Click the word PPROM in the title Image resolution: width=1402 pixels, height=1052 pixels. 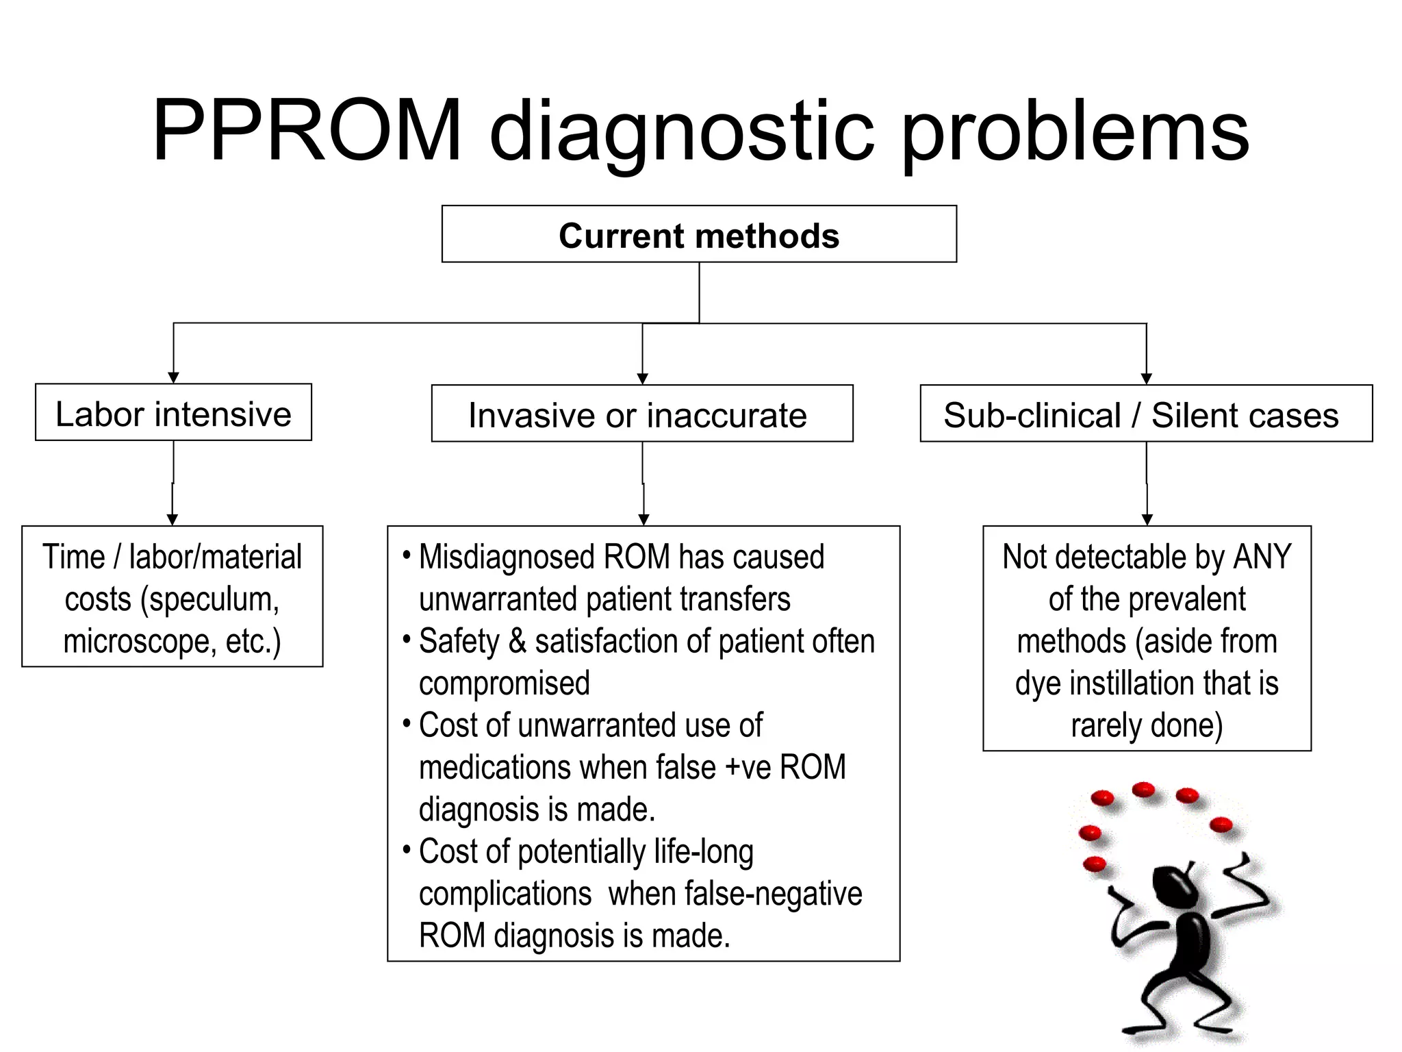(307, 130)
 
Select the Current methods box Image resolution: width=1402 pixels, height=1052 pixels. (699, 234)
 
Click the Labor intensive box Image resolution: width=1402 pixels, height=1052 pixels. (173, 413)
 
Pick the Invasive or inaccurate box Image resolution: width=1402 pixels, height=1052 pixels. (641, 414)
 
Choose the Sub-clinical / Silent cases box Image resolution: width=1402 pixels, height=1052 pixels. (1145, 414)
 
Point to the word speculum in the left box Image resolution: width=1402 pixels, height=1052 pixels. (209, 600)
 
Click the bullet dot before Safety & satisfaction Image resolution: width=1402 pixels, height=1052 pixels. (407, 640)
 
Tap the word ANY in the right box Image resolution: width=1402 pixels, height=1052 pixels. (1261, 557)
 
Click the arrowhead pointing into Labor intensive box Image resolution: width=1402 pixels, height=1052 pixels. (173, 377)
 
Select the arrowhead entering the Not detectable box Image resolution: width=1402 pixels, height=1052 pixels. (1147, 520)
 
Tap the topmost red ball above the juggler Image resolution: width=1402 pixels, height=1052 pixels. (1143, 790)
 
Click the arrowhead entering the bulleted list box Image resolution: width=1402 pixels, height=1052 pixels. (643, 520)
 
